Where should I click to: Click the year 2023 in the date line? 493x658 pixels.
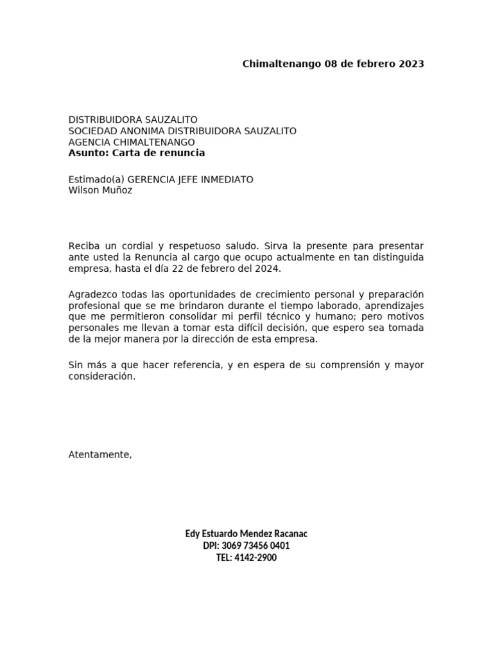(x=411, y=64)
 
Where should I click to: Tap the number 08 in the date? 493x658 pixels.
(x=332, y=64)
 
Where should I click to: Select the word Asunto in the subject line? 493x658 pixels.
(x=89, y=153)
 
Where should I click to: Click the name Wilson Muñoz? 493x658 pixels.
(x=100, y=190)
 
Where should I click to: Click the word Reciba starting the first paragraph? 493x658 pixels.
(x=84, y=246)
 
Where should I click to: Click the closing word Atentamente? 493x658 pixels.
(x=99, y=455)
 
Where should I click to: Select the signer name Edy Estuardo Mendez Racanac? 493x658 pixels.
(x=246, y=534)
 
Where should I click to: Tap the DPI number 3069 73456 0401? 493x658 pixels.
(x=255, y=546)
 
